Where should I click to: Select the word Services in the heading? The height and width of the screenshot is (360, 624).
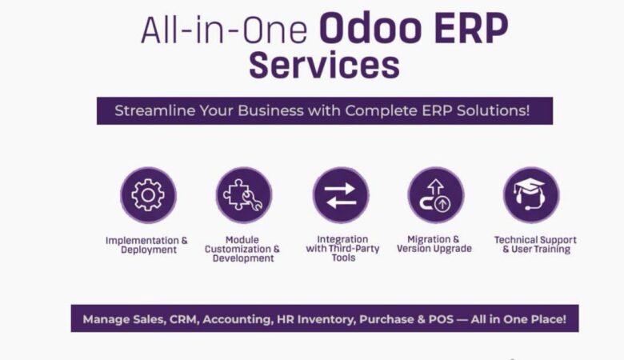[323, 66]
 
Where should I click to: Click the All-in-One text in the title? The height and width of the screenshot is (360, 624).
[224, 30]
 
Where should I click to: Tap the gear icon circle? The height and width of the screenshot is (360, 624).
[148, 195]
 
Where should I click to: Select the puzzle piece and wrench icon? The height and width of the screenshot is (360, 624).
[243, 195]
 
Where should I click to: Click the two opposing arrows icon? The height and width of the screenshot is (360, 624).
[341, 195]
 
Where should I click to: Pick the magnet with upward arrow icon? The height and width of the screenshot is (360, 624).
[435, 195]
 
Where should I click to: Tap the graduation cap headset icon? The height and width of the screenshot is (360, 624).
[530, 195]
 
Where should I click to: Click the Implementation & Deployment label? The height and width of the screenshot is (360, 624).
[147, 245]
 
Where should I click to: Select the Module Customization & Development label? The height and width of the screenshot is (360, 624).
[242, 249]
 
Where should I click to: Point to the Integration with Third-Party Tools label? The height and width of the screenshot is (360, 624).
[342, 248]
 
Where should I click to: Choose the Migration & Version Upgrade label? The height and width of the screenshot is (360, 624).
[434, 244]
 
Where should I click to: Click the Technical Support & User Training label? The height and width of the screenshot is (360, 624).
[535, 244]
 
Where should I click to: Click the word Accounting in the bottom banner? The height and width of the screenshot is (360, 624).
[237, 318]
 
